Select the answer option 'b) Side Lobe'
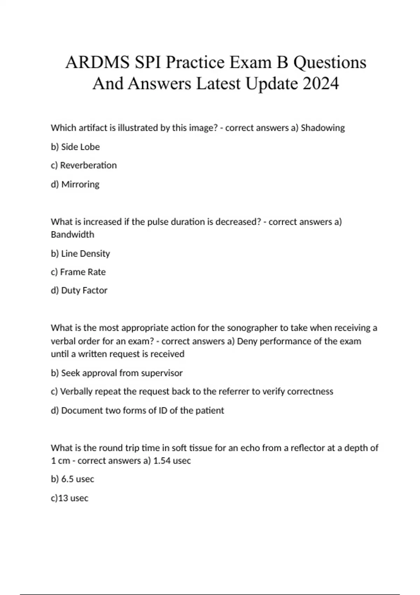[75, 147]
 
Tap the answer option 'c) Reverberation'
[84, 165]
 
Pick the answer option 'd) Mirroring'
[75, 184]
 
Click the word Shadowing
[323, 128]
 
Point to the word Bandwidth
[72, 234]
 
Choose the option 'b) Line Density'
[80, 253]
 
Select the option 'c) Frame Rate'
[78, 272]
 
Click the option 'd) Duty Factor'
[79, 290]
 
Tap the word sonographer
[252, 328]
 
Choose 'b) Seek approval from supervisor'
[117, 373]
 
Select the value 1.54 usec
[172, 461]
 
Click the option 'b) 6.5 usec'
[72, 479]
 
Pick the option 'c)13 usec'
[69, 498]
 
